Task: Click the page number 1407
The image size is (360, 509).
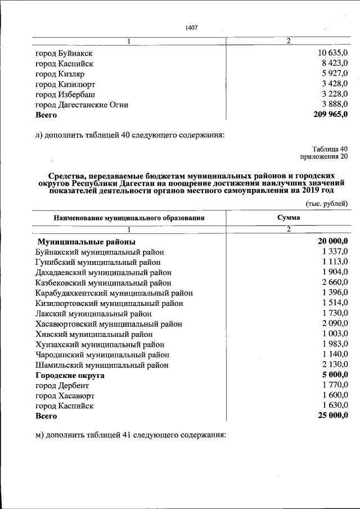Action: (x=191, y=28)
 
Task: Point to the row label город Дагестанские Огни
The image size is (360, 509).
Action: (x=82, y=105)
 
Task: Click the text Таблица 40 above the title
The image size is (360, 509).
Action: (x=331, y=149)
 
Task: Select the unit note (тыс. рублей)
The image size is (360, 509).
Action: (x=327, y=203)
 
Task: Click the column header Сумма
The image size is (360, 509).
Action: (x=288, y=218)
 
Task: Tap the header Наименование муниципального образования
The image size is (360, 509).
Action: (x=129, y=218)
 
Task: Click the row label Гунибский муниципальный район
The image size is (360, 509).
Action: (x=98, y=262)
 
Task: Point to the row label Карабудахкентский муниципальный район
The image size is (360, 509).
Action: (x=114, y=293)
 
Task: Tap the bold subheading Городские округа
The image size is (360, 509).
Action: (x=70, y=375)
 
